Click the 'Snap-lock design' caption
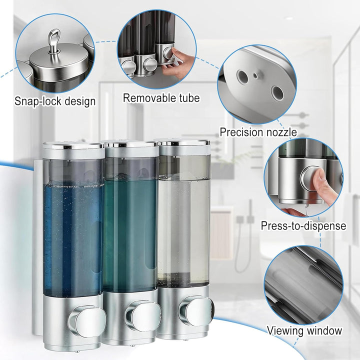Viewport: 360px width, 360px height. pos(55,101)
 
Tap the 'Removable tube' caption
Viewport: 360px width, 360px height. pos(161,98)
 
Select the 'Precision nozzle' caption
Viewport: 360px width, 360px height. pos(258,132)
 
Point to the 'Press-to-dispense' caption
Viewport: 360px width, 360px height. pos(303,225)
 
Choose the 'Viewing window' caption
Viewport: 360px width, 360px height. pos(304,330)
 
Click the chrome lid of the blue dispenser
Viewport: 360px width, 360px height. pos(73,146)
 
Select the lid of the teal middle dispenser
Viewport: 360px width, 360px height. pos(131,144)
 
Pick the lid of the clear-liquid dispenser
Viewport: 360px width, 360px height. pos(183,143)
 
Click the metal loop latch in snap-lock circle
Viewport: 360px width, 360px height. pos(54,41)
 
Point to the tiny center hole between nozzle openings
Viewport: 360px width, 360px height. pos(255,75)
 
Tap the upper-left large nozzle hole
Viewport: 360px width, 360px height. pos(242,76)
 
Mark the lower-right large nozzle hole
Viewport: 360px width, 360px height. pos(277,93)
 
